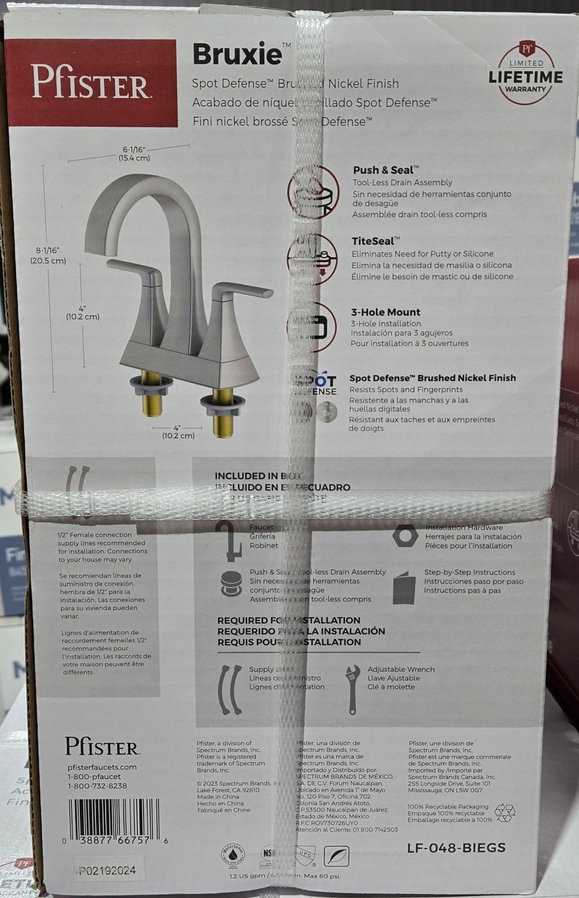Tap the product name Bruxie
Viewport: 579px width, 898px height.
point(237,55)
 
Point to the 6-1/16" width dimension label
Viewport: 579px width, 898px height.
point(134,153)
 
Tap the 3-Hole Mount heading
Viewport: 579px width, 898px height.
point(386,312)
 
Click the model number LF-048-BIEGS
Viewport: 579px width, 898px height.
point(456,848)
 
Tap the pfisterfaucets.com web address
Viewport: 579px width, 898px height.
point(102,767)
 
